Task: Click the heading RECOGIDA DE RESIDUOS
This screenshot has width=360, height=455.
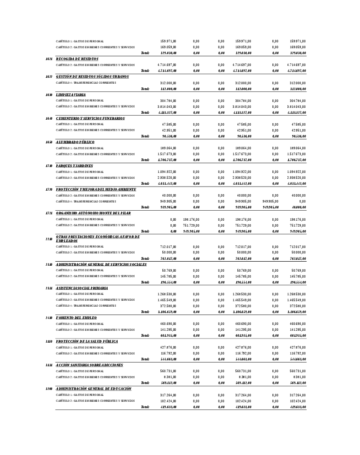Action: click(77, 59)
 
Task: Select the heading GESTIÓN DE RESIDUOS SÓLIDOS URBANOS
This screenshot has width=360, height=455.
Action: click(92, 77)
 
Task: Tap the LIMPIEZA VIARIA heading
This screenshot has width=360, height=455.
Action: click(70, 95)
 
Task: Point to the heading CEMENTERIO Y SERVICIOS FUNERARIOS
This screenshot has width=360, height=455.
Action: click(90, 118)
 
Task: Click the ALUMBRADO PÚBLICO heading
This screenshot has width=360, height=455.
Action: click(75, 142)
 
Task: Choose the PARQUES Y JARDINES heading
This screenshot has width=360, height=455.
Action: click(74, 166)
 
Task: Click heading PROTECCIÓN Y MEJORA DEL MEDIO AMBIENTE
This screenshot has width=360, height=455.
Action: click(95, 189)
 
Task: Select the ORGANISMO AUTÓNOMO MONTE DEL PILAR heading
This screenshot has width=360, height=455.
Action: click(93, 213)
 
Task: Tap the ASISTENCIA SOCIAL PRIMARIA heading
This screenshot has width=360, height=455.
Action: click(82, 288)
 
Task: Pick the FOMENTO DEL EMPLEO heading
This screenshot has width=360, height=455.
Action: click(76, 318)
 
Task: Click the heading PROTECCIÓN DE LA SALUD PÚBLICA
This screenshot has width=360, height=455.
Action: click(87, 341)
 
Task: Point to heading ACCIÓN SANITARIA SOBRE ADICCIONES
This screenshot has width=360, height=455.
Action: click(89, 365)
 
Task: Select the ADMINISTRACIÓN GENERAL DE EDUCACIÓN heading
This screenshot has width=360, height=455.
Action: click(94, 389)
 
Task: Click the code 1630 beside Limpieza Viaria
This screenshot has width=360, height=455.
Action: click(49, 95)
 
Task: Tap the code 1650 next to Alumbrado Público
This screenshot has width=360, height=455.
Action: click(49, 142)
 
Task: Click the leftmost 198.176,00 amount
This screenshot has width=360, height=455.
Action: click(191, 219)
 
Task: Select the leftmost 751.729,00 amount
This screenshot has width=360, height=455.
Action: click(191, 225)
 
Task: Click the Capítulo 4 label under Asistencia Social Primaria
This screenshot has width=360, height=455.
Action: click(86, 306)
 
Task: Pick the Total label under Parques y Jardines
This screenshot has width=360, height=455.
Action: click(145, 184)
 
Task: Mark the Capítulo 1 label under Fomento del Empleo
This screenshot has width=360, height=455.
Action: click(80, 324)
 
